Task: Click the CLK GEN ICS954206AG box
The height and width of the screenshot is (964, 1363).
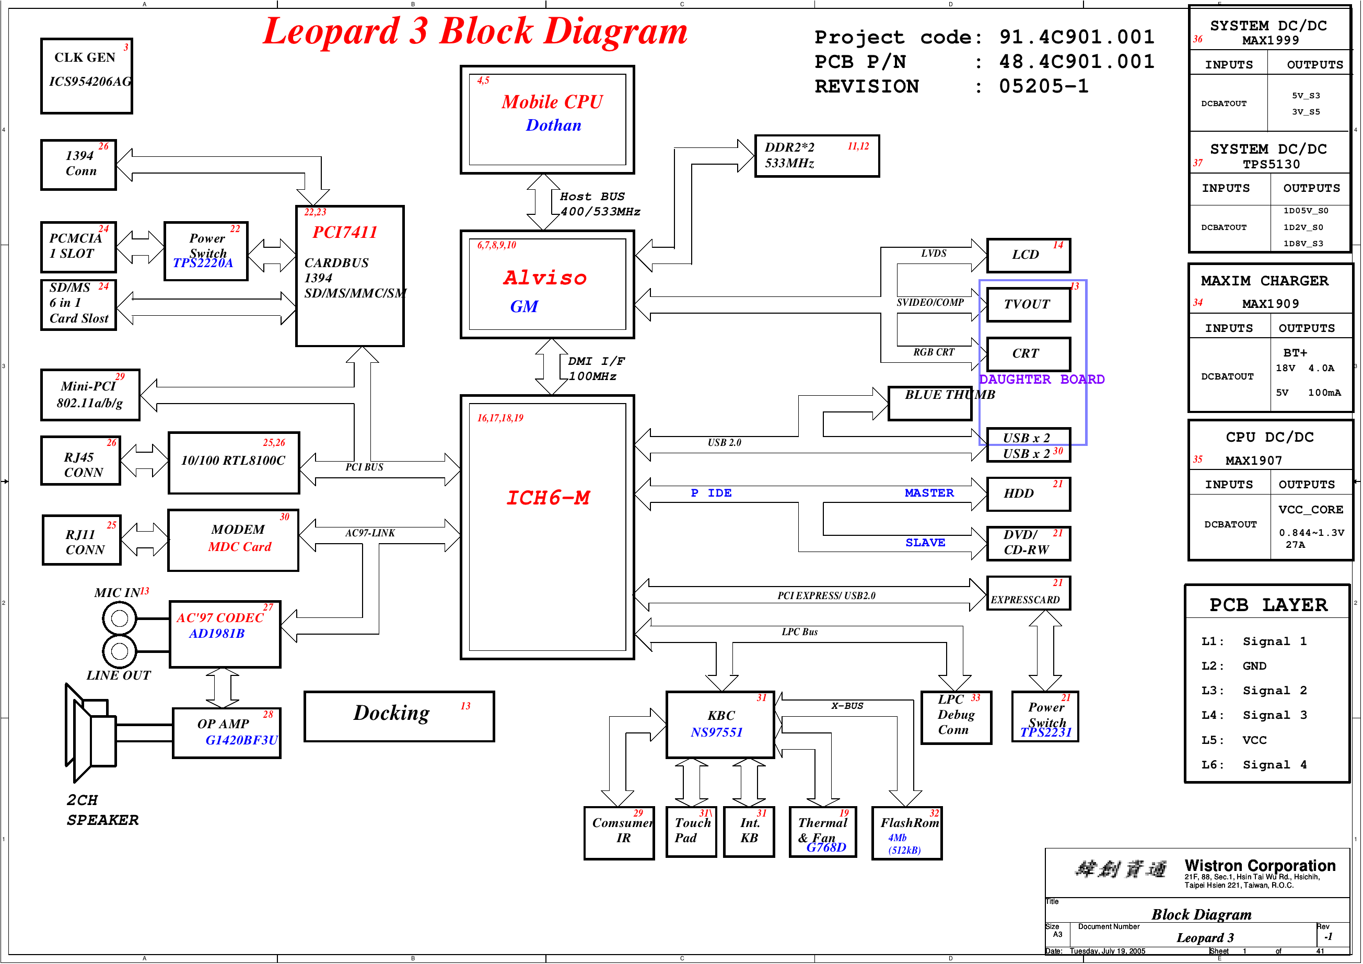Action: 87,75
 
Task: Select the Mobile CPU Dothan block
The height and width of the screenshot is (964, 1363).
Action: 547,119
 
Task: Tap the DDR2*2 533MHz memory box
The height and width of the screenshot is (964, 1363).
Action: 817,156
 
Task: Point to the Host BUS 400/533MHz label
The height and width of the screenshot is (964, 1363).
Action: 600,204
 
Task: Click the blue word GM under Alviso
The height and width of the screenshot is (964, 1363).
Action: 523,306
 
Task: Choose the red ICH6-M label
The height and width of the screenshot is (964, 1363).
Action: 547,498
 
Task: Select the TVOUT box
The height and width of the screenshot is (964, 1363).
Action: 1028,305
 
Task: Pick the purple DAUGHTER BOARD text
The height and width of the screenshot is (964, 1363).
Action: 1041,379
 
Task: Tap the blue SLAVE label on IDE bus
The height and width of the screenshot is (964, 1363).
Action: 925,542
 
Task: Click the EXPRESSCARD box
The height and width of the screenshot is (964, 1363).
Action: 1028,593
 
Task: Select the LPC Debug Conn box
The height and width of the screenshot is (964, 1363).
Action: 956,717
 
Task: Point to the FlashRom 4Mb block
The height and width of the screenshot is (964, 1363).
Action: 906,833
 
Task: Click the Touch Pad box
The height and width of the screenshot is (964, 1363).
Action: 691,832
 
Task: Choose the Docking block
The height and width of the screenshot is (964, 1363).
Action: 399,716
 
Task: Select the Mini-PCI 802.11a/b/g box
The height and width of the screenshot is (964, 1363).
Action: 90,394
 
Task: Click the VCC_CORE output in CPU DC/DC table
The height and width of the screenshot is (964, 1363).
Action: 1310,510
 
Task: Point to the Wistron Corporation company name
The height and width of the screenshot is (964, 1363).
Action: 1260,865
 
